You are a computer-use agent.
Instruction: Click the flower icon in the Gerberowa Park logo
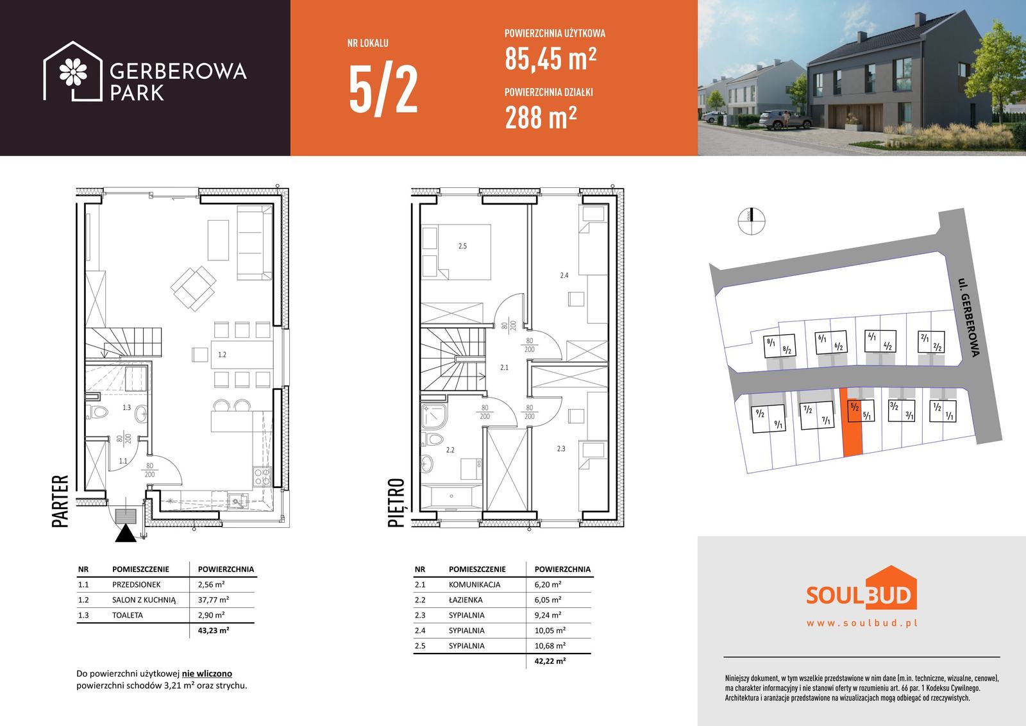73,72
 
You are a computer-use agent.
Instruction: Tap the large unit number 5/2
383,90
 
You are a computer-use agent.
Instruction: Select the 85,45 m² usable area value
551,59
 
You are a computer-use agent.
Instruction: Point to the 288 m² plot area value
541,117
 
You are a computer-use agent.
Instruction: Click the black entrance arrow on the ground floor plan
126,534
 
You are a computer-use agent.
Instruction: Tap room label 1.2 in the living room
222,355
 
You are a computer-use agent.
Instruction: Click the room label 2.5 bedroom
462,246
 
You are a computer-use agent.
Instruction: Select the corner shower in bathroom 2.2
433,416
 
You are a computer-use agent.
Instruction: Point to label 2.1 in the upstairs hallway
504,367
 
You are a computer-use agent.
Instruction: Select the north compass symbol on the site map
751,221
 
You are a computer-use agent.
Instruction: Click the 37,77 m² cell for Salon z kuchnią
214,600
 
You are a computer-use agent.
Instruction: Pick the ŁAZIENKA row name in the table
466,600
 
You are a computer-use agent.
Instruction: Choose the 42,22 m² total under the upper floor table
550,661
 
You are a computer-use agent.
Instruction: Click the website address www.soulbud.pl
862,623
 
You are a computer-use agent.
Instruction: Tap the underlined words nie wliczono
207,674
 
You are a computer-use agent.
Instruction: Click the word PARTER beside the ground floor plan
60,501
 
